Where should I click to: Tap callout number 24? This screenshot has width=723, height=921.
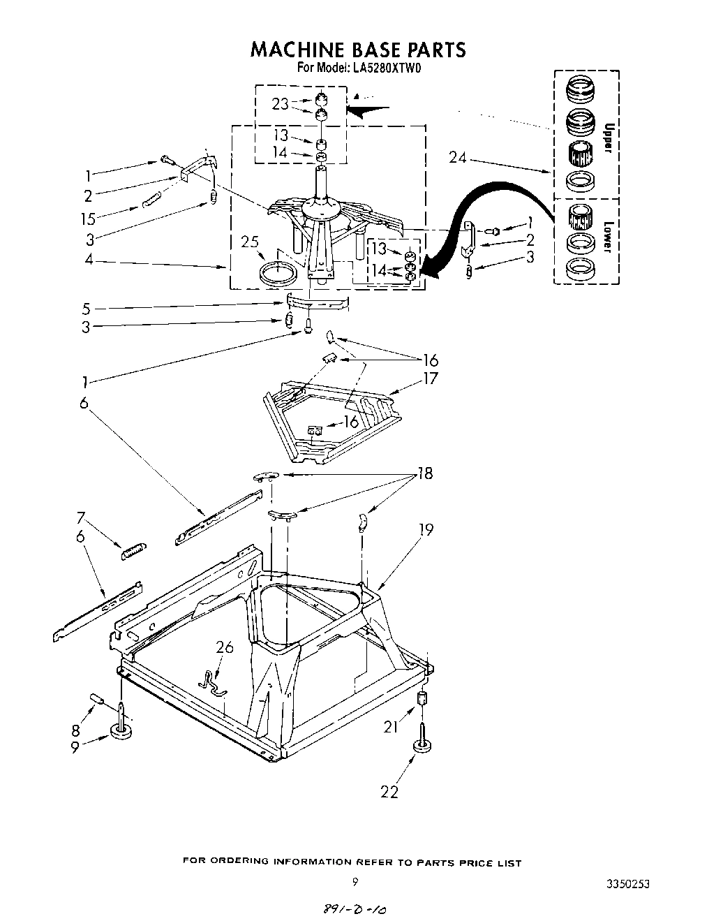pyautogui.click(x=458, y=158)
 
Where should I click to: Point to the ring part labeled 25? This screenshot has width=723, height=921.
pyautogui.click(x=277, y=272)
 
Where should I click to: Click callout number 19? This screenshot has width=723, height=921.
pyautogui.click(x=425, y=530)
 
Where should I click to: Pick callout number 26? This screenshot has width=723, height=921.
pyautogui.click(x=224, y=647)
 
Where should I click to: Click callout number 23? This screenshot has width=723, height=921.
pyautogui.click(x=281, y=104)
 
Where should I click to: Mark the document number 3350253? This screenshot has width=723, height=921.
pyautogui.click(x=628, y=883)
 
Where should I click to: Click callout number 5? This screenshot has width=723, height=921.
pyautogui.click(x=85, y=309)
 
